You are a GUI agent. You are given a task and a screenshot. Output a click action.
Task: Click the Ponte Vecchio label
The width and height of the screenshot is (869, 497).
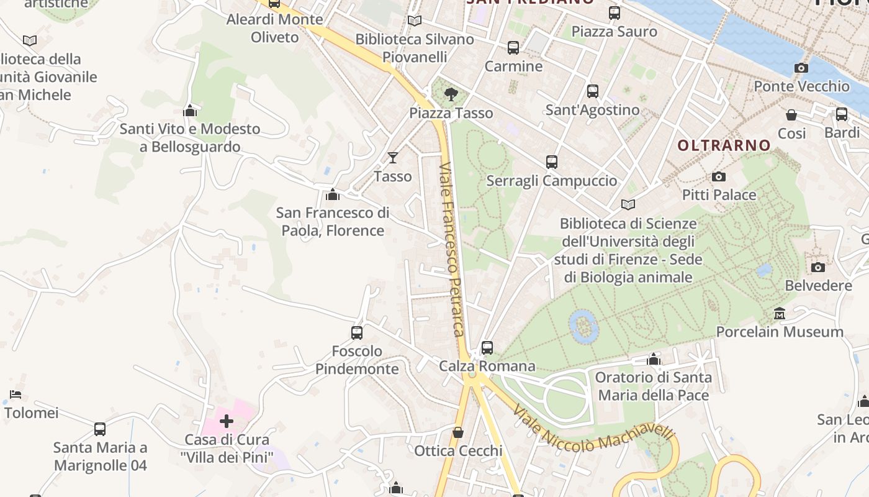point(801,86)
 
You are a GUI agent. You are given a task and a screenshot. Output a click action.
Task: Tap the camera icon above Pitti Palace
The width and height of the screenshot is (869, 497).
point(719,177)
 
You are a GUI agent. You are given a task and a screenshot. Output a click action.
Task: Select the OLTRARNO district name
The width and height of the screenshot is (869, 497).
point(724,145)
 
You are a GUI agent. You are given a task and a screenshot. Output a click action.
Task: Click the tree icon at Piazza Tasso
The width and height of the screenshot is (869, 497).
point(451,94)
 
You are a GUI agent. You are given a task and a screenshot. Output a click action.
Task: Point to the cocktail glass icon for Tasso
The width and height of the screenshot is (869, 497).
point(393,157)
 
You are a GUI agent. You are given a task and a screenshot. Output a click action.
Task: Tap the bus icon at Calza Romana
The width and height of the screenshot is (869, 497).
point(487,348)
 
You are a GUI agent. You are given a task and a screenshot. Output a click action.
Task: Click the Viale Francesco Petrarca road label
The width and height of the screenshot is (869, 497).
point(452,248)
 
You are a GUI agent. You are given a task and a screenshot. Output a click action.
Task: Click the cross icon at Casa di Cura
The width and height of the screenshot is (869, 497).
point(227,422)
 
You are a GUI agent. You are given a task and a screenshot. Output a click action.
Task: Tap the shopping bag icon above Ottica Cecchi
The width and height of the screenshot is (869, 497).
point(458,432)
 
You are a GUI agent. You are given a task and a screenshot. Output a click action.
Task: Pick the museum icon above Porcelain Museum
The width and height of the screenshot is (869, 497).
point(780,314)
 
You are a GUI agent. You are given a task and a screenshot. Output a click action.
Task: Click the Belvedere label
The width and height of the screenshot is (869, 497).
point(818,286)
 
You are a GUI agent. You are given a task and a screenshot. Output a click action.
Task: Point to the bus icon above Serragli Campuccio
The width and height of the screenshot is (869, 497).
point(551,162)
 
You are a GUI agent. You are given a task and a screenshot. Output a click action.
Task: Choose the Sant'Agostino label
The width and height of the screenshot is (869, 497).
point(592,110)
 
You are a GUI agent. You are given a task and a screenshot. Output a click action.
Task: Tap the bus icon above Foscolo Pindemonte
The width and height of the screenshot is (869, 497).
point(357,333)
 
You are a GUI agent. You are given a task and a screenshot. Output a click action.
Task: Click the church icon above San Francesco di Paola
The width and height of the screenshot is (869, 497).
point(333,195)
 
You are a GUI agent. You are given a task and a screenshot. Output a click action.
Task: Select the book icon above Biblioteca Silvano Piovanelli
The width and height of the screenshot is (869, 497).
point(415,21)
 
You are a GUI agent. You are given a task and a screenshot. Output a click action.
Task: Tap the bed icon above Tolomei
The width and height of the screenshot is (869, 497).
point(16,394)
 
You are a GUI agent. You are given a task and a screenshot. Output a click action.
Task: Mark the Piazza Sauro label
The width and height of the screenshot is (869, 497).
point(614,32)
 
